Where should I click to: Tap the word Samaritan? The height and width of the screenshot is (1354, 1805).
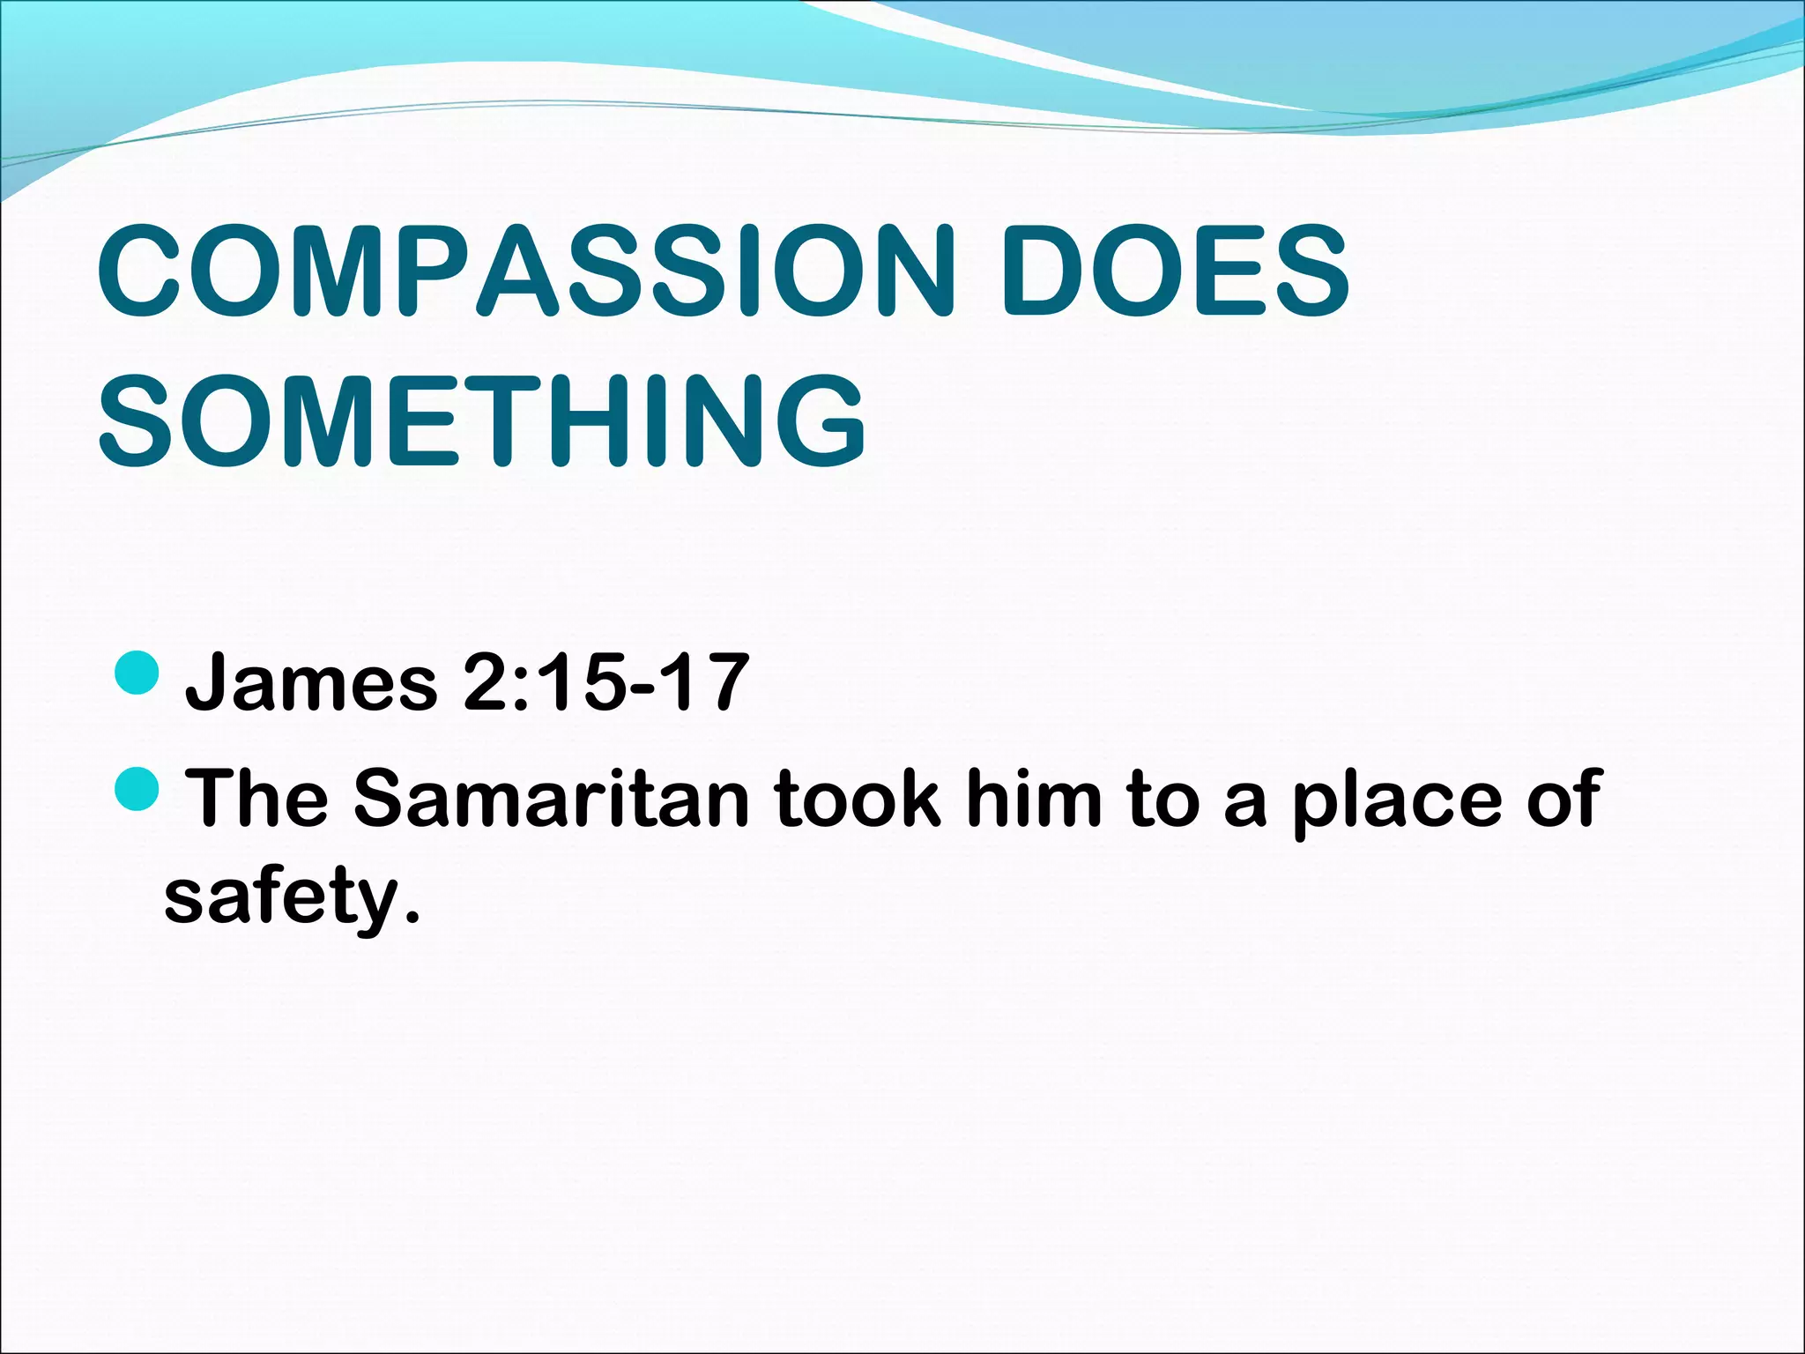[x=552, y=799]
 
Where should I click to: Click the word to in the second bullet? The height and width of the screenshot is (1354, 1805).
[x=1163, y=799]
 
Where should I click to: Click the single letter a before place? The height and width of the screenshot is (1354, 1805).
[x=1245, y=804]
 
